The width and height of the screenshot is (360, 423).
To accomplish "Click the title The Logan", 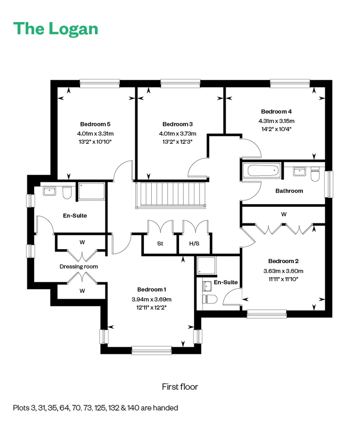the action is point(56,29).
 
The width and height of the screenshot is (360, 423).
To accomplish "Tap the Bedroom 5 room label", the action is point(95,124).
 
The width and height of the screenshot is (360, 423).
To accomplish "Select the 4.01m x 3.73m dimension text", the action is point(178,133).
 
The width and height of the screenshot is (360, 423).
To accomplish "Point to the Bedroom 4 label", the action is point(276,111).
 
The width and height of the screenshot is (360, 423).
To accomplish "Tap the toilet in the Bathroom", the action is point(315,174).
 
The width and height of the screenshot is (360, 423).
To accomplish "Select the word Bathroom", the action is point(289,191).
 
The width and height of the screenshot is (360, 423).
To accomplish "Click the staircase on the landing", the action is point(171,195).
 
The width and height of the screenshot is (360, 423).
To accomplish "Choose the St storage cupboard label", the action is point(160,243).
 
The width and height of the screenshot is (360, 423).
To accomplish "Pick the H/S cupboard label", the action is point(194,243).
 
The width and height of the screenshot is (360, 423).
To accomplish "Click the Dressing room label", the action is point(79,266).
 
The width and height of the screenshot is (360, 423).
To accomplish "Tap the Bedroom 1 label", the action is point(152,290).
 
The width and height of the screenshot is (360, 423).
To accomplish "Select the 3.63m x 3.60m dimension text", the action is point(283,271).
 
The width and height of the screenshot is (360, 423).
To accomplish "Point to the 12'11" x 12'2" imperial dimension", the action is point(151,307).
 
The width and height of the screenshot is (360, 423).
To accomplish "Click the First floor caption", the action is point(180,387).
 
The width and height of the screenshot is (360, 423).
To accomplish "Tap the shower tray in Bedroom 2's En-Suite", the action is point(206,266).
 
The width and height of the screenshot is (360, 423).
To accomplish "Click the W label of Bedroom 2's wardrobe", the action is point(284,215).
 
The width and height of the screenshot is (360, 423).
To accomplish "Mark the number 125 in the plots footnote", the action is point(100,408).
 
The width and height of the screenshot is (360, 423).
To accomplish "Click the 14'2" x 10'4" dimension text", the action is point(276,129).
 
